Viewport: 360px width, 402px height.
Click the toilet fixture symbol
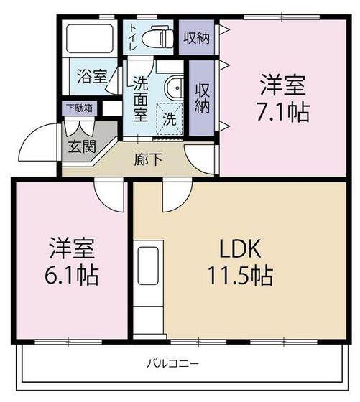tap(156, 35)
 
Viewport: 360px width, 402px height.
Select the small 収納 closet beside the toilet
tap(196, 37)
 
